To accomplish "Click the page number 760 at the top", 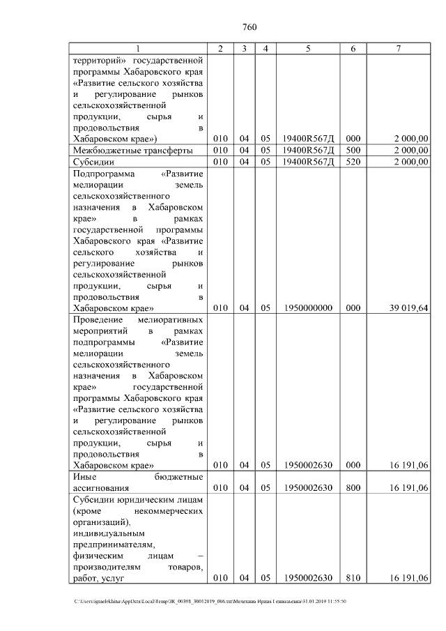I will click(249, 27).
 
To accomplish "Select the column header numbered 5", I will click(307, 48).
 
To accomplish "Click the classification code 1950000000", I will click(307, 307).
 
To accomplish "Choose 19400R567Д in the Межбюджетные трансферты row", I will click(307, 150).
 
